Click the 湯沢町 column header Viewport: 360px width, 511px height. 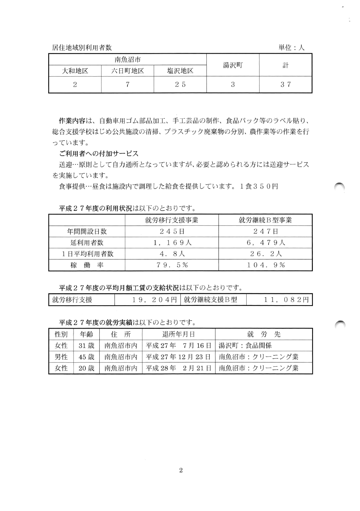click(x=233, y=65)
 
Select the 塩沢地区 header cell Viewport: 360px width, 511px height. click(x=180, y=71)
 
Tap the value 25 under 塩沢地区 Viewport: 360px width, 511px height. click(x=180, y=85)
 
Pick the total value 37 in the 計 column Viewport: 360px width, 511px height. click(x=285, y=85)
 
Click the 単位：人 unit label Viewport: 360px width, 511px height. click(x=292, y=48)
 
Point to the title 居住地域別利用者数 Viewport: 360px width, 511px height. click(x=82, y=48)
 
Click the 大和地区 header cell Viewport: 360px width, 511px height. click(x=75, y=71)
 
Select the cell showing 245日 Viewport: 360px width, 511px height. click(x=172, y=231)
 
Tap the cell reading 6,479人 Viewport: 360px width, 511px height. click(x=265, y=243)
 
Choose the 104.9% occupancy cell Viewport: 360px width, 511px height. click(x=265, y=265)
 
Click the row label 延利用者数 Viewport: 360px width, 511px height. click(x=87, y=243)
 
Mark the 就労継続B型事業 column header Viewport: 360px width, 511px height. click(x=265, y=220)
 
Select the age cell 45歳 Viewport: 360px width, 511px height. click(x=86, y=357)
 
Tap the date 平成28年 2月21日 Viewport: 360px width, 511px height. click(x=179, y=368)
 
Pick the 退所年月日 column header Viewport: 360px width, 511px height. click(x=179, y=334)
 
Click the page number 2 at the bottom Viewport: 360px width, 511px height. click(x=181, y=470)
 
